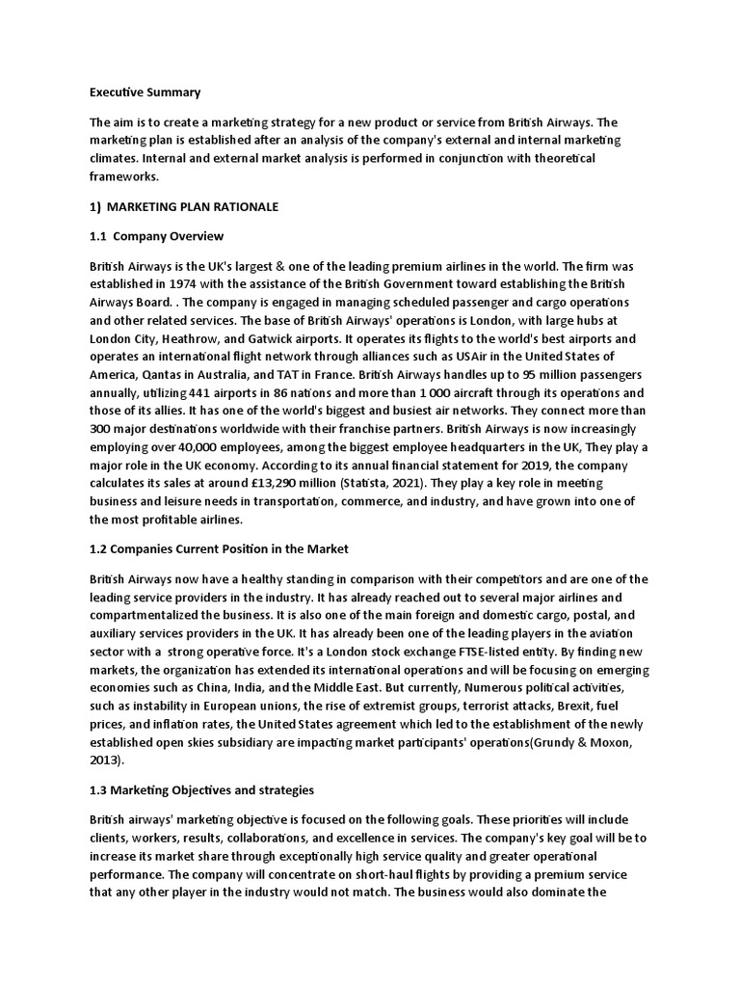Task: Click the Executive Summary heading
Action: coord(145,93)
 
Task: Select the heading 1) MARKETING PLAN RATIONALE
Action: coord(180,207)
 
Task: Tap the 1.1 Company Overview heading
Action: coord(156,236)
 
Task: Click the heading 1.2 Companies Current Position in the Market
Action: coord(219,548)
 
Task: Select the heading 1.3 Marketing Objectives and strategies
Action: coord(201,790)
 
